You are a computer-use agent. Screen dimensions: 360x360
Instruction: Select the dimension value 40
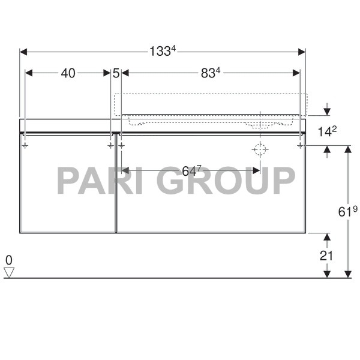pyautogui.click(x=68, y=73)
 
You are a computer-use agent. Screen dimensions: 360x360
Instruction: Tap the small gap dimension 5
pyautogui.click(x=116, y=73)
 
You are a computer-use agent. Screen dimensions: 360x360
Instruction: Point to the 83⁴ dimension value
pyautogui.click(x=211, y=73)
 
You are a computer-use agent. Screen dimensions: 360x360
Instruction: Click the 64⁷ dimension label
pyautogui.click(x=191, y=171)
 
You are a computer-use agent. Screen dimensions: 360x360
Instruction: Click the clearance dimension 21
pyautogui.click(x=326, y=254)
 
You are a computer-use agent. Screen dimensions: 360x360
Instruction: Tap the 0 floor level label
pyautogui.click(x=8, y=260)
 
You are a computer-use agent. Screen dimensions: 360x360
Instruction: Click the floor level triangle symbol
pyautogui.click(x=8, y=272)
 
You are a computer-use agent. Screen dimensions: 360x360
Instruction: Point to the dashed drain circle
pyautogui.click(x=259, y=150)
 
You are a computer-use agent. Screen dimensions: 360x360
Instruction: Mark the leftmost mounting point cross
pyautogui.click(x=25, y=145)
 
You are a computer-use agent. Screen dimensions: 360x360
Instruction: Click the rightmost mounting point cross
pyautogui.click(x=299, y=145)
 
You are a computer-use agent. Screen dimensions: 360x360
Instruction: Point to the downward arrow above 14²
pyautogui.click(x=326, y=110)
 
